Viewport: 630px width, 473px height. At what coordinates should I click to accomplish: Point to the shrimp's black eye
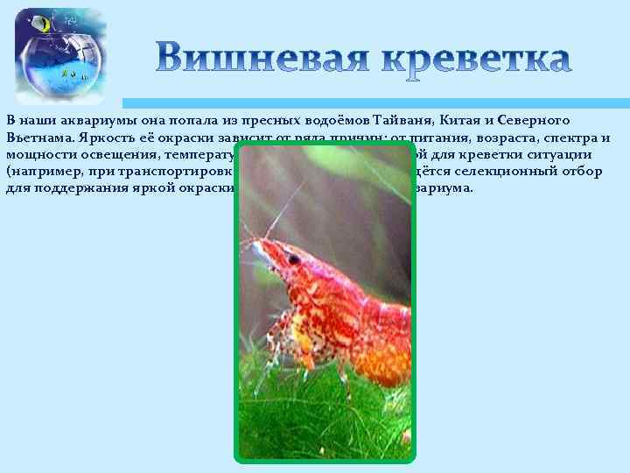point(294,259)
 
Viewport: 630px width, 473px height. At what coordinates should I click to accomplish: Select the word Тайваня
point(403,120)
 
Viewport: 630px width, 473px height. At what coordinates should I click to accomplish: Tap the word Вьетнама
point(39,137)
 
